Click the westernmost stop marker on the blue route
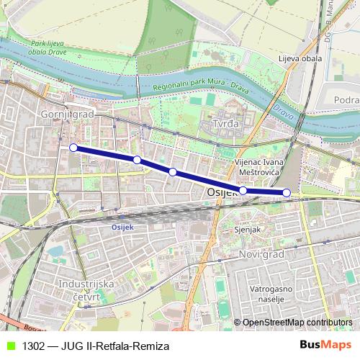click(x=73, y=148)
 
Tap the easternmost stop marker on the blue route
click(x=287, y=192)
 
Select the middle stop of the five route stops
click(x=173, y=171)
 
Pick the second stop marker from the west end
click(x=137, y=159)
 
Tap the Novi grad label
click(x=261, y=254)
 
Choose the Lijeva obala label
click(x=297, y=58)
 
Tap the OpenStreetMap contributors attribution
click(x=297, y=323)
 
